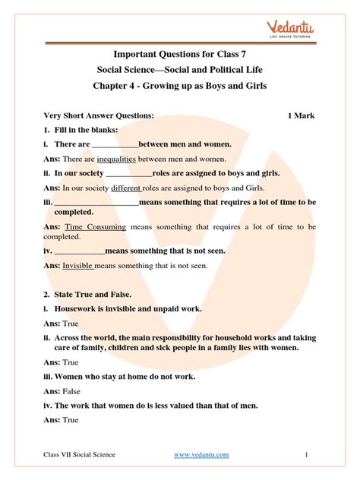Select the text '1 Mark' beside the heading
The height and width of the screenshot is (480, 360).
[x=302, y=115]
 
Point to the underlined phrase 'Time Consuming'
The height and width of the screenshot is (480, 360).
[x=94, y=227]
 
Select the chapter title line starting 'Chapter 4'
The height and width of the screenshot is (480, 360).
[x=180, y=85]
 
